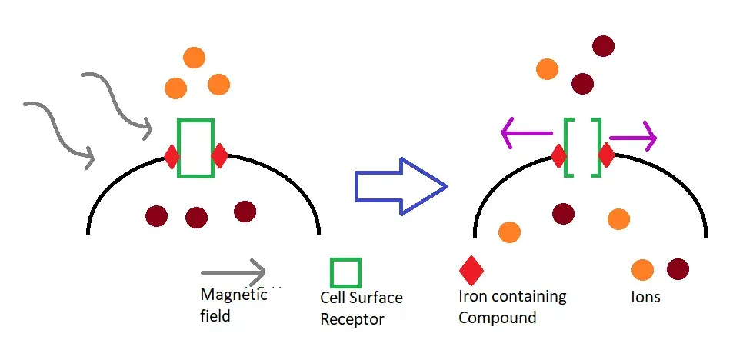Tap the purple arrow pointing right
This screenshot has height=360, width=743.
click(x=633, y=138)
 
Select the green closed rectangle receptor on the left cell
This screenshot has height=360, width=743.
click(x=195, y=148)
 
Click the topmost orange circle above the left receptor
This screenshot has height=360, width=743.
click(x=194, y=58)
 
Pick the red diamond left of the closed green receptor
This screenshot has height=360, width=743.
click(x=172, y=157)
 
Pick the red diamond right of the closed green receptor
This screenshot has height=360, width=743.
click(x=219, y=156)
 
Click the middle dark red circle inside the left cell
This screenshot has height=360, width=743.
click(x=197, y=218)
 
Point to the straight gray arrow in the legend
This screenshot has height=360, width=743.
click(x=232, y=272)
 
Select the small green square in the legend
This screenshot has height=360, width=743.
click(x=345, y=272)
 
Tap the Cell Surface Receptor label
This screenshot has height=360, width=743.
click(x=361, y=308)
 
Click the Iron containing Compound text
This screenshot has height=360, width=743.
click(x=511, y=306)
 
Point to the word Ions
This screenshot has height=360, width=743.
click(x=645, y=297)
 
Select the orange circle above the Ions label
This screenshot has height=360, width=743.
click(x=642, y=270)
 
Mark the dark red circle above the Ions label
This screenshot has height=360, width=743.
click(x=678, y=269)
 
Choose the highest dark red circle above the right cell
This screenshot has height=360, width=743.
click(x=603, y=46)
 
